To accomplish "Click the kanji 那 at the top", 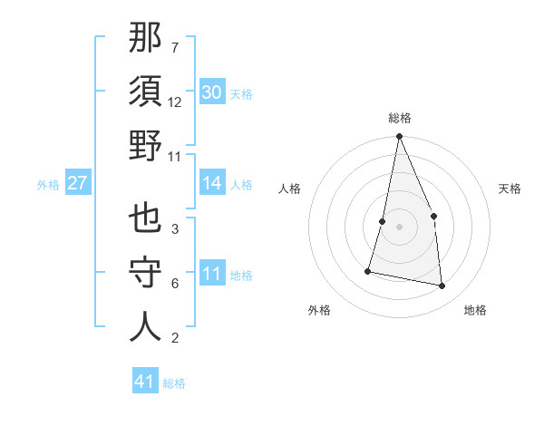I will point(145,38).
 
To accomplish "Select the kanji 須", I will point(145,92).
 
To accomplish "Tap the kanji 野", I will point(145,146).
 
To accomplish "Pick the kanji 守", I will point(145,273).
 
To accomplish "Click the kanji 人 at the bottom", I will point(145,327).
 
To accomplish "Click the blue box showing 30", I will point(212,92).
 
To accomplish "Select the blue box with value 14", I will point(212,183).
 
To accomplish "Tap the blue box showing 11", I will point(212,274).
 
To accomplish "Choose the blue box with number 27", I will point(78,183).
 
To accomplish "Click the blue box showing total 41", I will point(145,382).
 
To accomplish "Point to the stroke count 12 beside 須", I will point(175,102).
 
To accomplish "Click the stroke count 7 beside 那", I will point(174,47).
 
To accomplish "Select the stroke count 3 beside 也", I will point(174,229).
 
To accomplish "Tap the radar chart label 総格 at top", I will point(399,118).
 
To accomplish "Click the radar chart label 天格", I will point(510,189).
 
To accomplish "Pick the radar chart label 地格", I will point(475,310).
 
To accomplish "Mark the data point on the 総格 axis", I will point(399,138).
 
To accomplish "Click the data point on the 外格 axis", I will point(368,270).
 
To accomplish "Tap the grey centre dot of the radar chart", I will point(399,227).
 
